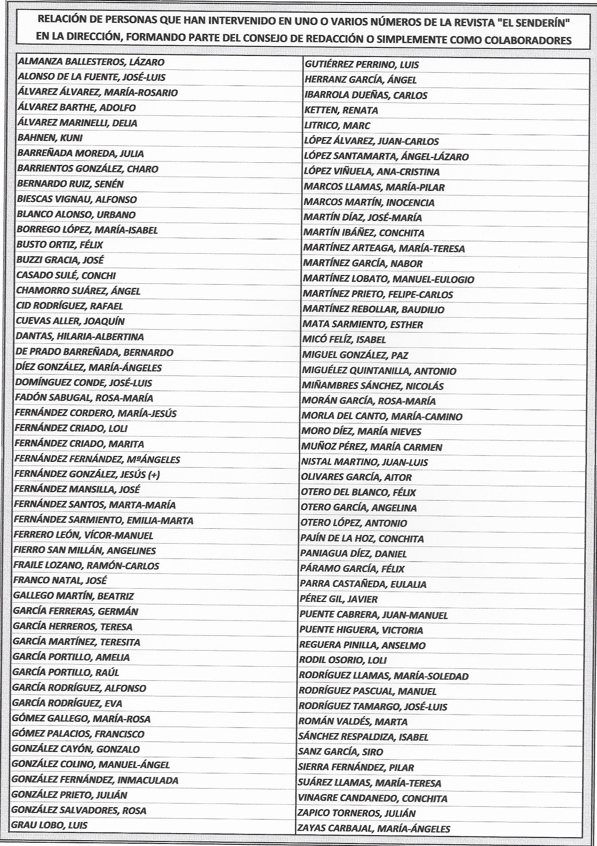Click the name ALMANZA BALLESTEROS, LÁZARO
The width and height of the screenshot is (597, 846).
coord(91,62)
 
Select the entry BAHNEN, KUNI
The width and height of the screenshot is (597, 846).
coord(50,138)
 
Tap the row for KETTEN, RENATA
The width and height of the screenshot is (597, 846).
coord(341,110)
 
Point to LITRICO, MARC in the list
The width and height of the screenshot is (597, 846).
coord(337,126)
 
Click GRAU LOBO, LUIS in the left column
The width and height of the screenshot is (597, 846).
coord(50,825)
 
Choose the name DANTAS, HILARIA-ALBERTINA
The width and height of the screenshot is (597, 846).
coord(80,337)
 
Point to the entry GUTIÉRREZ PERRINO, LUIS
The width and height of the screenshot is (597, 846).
coord(362,64)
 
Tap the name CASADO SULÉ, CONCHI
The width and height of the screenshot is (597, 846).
coord(66,276)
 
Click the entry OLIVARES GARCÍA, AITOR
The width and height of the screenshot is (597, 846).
coord(357,478)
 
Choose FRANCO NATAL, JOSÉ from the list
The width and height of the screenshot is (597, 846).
coord(60,580)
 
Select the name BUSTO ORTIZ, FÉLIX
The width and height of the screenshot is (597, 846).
coord(59,245)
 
